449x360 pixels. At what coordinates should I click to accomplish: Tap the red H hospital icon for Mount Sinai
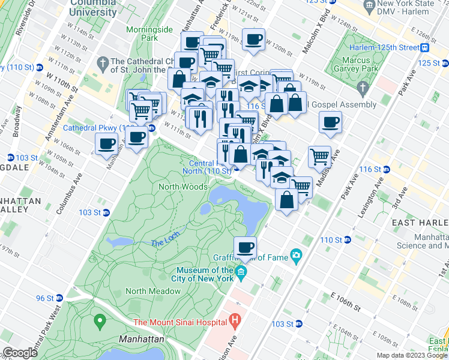[235, 322]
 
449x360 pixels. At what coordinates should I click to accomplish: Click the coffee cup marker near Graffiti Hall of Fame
[244, 247]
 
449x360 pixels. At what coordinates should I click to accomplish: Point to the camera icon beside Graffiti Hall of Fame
[295, 256]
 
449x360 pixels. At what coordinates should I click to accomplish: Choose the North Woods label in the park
[182, 187]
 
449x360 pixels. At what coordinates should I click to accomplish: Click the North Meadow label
[153, 291]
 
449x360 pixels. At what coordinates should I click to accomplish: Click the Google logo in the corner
[20, 352]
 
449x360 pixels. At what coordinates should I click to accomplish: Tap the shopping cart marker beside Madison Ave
[320, 157]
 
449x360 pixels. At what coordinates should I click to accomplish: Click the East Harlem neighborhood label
[420, 223]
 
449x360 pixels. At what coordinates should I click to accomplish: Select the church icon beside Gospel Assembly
[361, 89]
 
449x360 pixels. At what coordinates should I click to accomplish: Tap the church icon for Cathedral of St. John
[103, 62]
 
